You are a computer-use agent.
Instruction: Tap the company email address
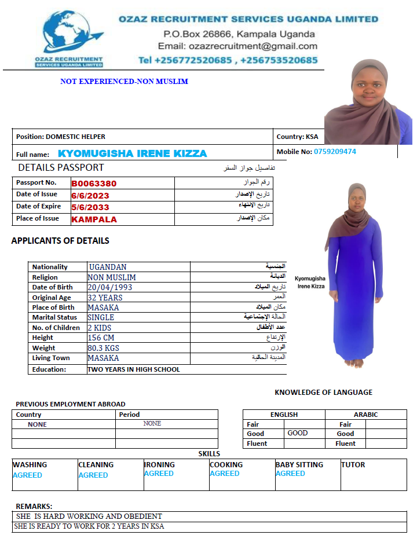pyautogui.click(x=237, y=46)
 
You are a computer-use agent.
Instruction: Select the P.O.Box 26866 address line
pyautogui.click(x=239, y=34)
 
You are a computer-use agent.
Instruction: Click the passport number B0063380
pyautogui.click(x=94, y=184)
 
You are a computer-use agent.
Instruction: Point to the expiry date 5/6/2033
pyautogui.click(x=90, y=207)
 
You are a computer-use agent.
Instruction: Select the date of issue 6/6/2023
pyautogui.click(x=90, y=196)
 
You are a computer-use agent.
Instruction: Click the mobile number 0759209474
pyautogui.click(x=335, y=152)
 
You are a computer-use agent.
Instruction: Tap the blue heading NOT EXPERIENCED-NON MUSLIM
pyautogui.click(x=124, y=82)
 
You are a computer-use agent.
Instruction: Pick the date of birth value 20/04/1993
pyautogui.click(x=109, y=287)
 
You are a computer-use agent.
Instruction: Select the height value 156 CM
pyautogui.click(x=101, y=338)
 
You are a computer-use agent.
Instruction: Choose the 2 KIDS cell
pyautogui.click(x=99, y=328)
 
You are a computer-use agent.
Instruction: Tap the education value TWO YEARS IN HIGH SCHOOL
pyautogui.click(x=133, y=369)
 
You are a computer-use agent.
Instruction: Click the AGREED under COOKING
pyautogui.click(x=224, y=474)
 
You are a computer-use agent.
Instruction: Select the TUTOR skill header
pyautogui.click(x=353, y=464)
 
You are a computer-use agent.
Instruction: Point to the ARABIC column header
pyautogui.click(x=365, y=415)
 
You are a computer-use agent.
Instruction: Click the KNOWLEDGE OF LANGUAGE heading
pyautogui.click(x=323, y=393)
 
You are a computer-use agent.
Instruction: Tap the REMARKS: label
pyautogui.click(x=34, y=506)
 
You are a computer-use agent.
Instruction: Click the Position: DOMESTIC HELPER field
pyautogui.click(x=61, y=137)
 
